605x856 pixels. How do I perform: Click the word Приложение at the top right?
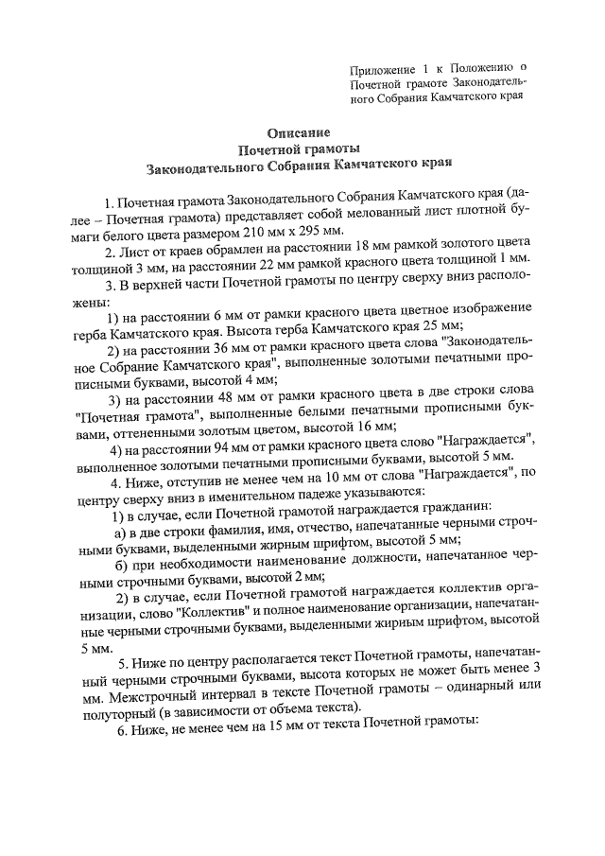tap(380, 68)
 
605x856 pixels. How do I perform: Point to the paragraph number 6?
tap(121, 743)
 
